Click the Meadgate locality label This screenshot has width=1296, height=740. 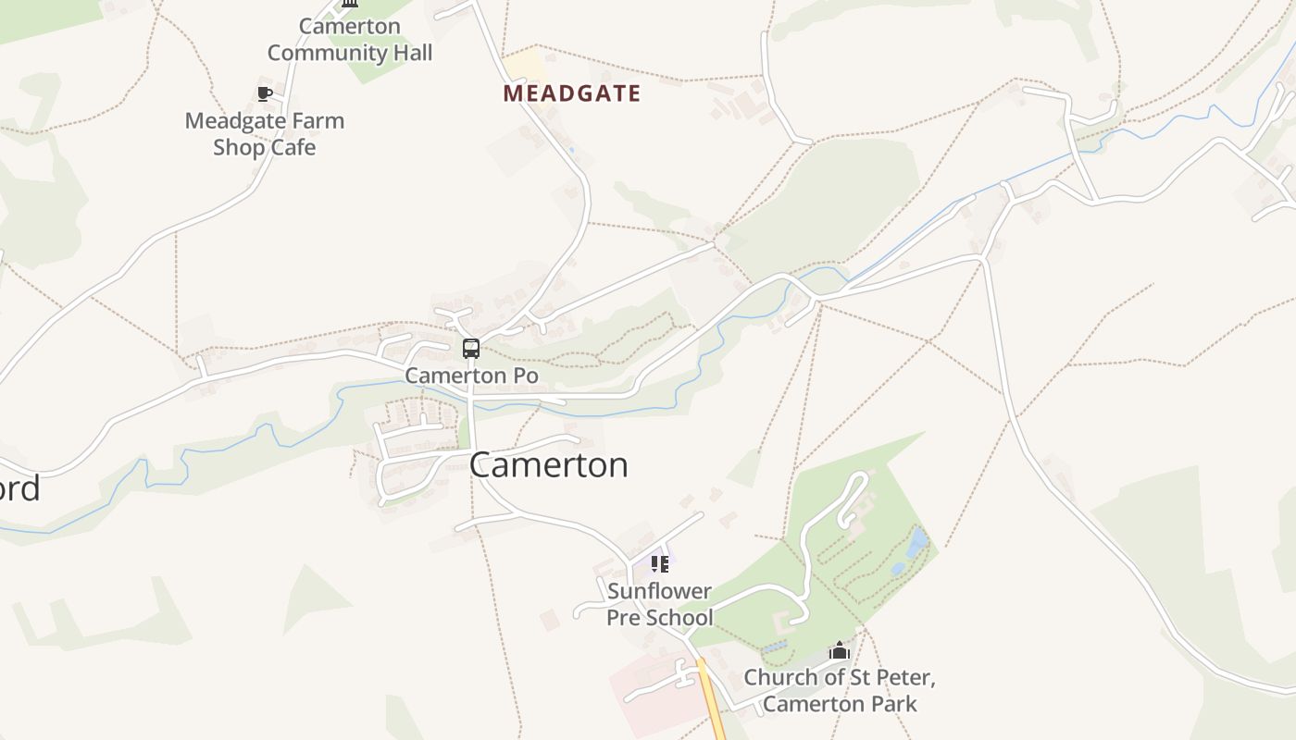click(x=571, y=93)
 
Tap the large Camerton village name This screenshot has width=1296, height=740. click(x=548, y=464)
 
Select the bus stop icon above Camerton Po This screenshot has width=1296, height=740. click(x=471, y=349)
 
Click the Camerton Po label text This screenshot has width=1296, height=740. click(x=471, y=376)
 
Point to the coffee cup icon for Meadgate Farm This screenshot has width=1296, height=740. click(x=265, y=93)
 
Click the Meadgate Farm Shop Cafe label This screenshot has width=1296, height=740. click(x=265, y=134)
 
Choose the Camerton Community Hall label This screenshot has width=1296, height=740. click(x=350, y=40)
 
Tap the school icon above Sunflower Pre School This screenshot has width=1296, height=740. click(x=659, y=563)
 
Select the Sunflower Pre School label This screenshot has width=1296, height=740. click(x=659, y=604)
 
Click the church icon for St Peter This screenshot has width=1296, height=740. click(x=840, y=650)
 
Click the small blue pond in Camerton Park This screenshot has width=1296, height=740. click(x=916, y=543)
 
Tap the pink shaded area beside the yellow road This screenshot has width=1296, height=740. click(x=653, y=694)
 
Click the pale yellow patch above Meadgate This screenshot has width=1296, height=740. click(x=523, y=66)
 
